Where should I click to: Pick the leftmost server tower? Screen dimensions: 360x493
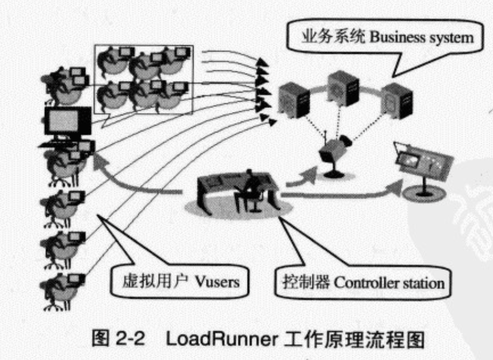click(294, 101)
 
